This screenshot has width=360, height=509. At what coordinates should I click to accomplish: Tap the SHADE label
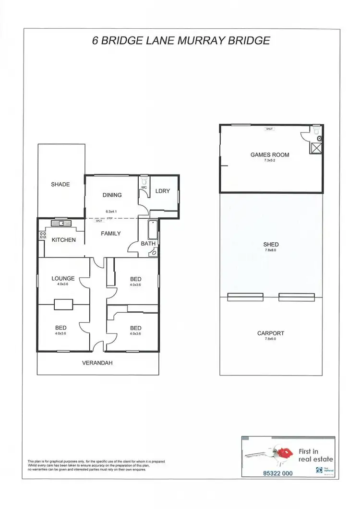tap(60, 184)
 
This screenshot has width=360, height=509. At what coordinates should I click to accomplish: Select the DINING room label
tap(112, 195)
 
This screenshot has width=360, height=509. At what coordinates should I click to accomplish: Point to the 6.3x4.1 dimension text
tap(111, 211)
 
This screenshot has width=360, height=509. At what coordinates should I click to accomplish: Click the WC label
tap(144, 188)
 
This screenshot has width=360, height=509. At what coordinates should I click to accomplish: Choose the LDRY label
tap(163, 191)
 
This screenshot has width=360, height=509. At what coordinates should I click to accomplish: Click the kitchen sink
tap(60, 223)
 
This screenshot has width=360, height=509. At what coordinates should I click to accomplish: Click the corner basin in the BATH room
tap(153, 252)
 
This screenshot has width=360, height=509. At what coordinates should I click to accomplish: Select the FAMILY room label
tap(110, 234)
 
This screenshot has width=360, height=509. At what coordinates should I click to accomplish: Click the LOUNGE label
tap(63, 278)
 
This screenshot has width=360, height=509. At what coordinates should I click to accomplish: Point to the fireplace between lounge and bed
tap(63, 305)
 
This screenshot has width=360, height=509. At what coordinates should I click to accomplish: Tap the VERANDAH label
tap(98, 363)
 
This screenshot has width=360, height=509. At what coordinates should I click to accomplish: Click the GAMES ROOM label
tap(270, 155)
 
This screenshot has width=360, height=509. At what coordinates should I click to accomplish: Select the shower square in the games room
tap(316, 148)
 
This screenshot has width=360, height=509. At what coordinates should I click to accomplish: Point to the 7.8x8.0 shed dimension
tap(271, 250)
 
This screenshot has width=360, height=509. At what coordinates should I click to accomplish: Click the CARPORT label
tap(271, 333)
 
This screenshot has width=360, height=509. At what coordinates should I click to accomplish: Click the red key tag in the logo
tap(286, 452)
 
